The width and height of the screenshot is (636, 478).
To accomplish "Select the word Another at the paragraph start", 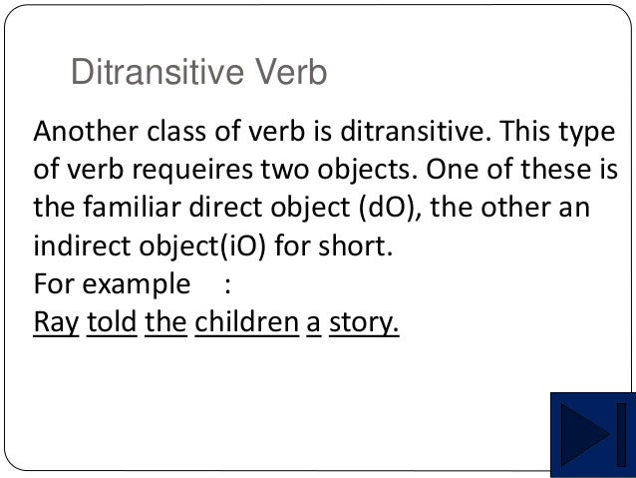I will pos(77,133).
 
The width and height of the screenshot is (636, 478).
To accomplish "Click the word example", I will pos(135,285).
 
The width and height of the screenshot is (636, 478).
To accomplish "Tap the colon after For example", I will pos(228,285).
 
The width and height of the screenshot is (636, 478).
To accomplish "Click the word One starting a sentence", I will pos(457,172).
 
